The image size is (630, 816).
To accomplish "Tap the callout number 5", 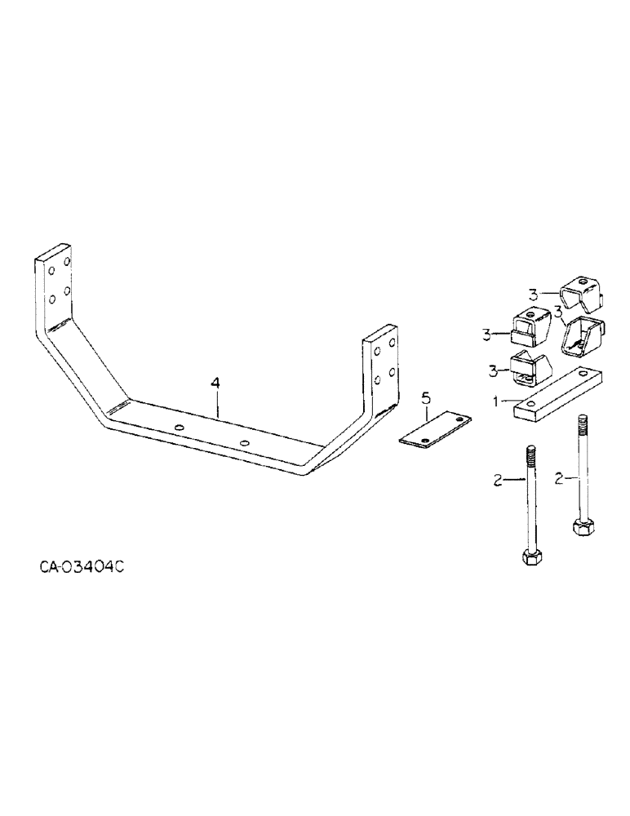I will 425,399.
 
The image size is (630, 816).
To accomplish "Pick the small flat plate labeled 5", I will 436,430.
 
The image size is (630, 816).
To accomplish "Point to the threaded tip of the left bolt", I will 530,452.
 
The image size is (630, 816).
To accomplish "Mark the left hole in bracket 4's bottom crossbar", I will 180,428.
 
